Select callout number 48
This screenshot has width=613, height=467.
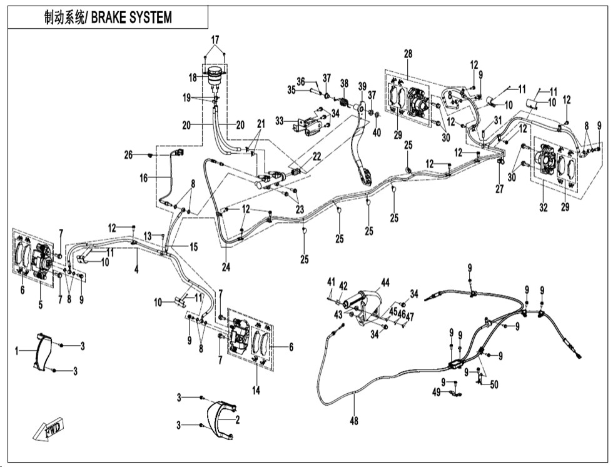pyautogui.click(x=354, y=421)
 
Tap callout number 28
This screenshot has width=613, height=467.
pyautogui.click(x=408, y=55)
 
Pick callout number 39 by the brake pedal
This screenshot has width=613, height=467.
pyautogui.click(x=362, y=86)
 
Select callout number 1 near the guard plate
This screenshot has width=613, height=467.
pyautogui.click(x=18, y=352)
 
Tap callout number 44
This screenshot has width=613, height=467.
pyautogui.click(x=385, y=283)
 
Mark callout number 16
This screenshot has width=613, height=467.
pyautogui.click(x=144, y=178)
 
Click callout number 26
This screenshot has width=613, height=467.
pyautogui.click(x=129, y=154)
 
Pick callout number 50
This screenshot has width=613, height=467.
pyautogui.click(x=494, y=384)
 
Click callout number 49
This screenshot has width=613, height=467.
pyautogui.click(x=437, y=392)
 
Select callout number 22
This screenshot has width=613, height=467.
pyautogui.click(x=318, y=156)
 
